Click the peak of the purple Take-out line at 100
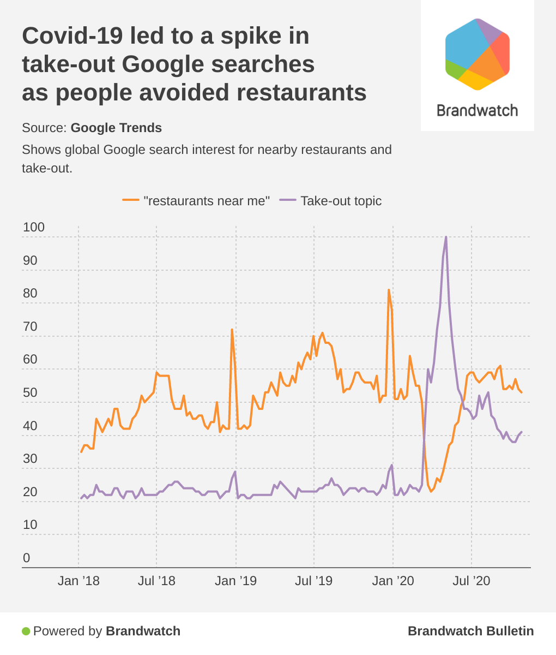(x=446, y=237)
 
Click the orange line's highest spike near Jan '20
(x=389, y=290)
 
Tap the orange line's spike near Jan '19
(x=232, y=330)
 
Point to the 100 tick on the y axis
(x=34, y=228)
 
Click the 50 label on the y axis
(x=30, y=393)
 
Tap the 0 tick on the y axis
(x=26, y=558)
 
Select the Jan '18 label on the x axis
(x=78, y=581)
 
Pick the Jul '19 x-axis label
(x=314, y=581)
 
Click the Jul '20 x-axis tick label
(x=472, y=581)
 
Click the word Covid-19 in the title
(x=72, y=36)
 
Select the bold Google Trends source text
(x=116, y=128)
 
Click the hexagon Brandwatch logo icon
(x=478, y=54)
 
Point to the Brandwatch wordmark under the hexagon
(x=478, y=111)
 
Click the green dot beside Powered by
(x=26, y=632)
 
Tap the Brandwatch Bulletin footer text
(x=470, y=632)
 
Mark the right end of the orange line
(x=522, y=392)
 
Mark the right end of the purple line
(x=522, y=432)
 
